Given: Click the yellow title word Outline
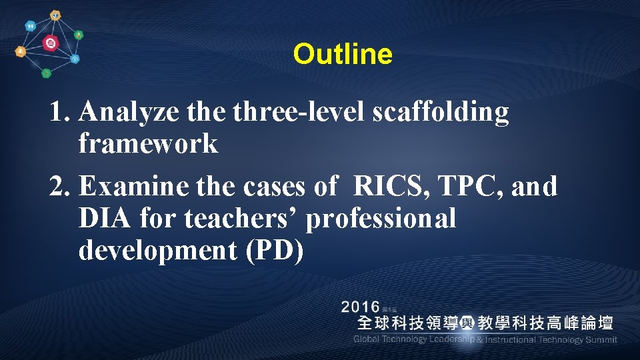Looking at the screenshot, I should click(343, 54).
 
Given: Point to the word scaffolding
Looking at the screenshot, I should click(441, 113).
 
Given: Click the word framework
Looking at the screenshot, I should click(148, 143).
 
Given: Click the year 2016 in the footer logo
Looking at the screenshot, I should click(360, 307).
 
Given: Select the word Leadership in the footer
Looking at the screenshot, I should click(451, 339).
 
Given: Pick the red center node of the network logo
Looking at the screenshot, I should click(49, 44).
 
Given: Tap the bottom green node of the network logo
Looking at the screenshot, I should click(46, 73).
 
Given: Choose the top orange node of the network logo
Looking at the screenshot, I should click(55, 15).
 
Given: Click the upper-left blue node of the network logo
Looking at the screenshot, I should click(29, 26).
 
